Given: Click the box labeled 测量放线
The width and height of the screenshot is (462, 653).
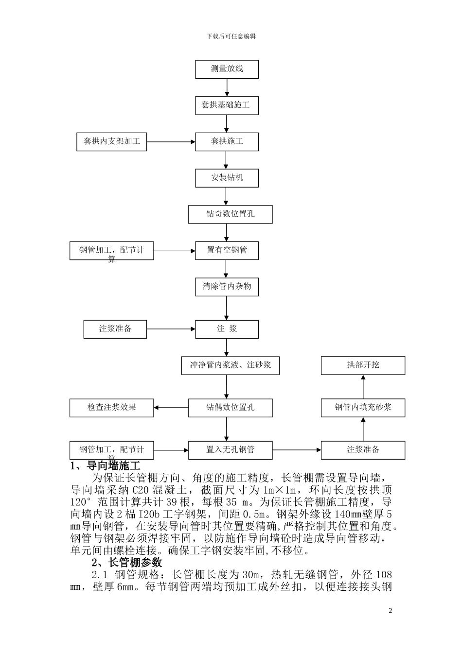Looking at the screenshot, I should (227, 69).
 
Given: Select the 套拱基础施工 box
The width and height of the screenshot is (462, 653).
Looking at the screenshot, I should (227, 105).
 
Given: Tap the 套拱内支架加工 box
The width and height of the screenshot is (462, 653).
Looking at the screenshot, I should (111, 141).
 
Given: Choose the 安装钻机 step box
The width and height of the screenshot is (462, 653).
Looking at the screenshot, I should (227, 178).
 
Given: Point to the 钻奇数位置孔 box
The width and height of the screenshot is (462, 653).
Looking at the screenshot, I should (230, 214).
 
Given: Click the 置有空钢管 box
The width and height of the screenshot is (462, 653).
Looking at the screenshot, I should (227, 250).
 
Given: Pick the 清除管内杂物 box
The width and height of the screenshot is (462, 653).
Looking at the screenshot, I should (227, 287).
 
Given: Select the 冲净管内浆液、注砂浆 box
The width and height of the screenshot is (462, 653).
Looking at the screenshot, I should (230, 365).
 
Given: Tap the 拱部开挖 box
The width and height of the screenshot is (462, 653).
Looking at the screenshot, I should (363, 365).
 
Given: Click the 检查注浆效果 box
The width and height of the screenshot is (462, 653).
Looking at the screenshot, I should (111, 407).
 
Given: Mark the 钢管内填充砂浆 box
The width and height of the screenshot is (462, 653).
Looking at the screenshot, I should (363, 407).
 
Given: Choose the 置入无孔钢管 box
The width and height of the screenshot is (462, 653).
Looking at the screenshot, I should (230, 449).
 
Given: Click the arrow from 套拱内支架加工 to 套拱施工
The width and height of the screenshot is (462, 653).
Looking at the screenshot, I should (171, 142).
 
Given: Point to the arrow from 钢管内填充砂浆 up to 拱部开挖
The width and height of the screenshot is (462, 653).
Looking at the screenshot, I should (363, 386).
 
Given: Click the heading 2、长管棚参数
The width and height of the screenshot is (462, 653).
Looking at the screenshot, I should (127, 563).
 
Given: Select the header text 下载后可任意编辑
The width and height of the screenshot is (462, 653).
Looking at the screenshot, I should (231, 36).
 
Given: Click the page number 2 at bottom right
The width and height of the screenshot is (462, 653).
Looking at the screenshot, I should (390, 611).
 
